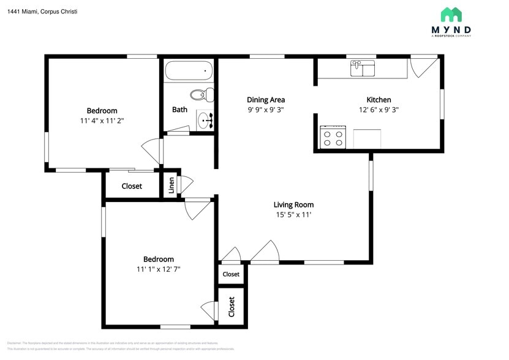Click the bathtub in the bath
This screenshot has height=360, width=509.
tap(189, 71)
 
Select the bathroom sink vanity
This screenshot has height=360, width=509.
tap(205, 121)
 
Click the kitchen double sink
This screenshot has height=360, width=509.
tap(363, 68)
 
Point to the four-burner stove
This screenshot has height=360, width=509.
tap(334, 137)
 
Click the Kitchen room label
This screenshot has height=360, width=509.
tap(379, 100)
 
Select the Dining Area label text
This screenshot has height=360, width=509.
tap(266, 100)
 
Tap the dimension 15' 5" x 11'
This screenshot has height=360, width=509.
tap(293, 216)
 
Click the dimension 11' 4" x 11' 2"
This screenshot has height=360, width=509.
tap(102, 121)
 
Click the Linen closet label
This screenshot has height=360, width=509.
tap(172, 186)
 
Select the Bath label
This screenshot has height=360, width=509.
tap(179, 110)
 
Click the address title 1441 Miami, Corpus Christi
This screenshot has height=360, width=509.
tap(42, 12)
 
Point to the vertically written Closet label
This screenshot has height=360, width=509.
tap(232, 306)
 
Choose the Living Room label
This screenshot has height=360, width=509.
tap(293, 205)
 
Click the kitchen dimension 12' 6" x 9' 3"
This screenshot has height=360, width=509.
tap(379, 110)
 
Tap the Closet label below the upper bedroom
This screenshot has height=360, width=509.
tap(132, 186)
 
